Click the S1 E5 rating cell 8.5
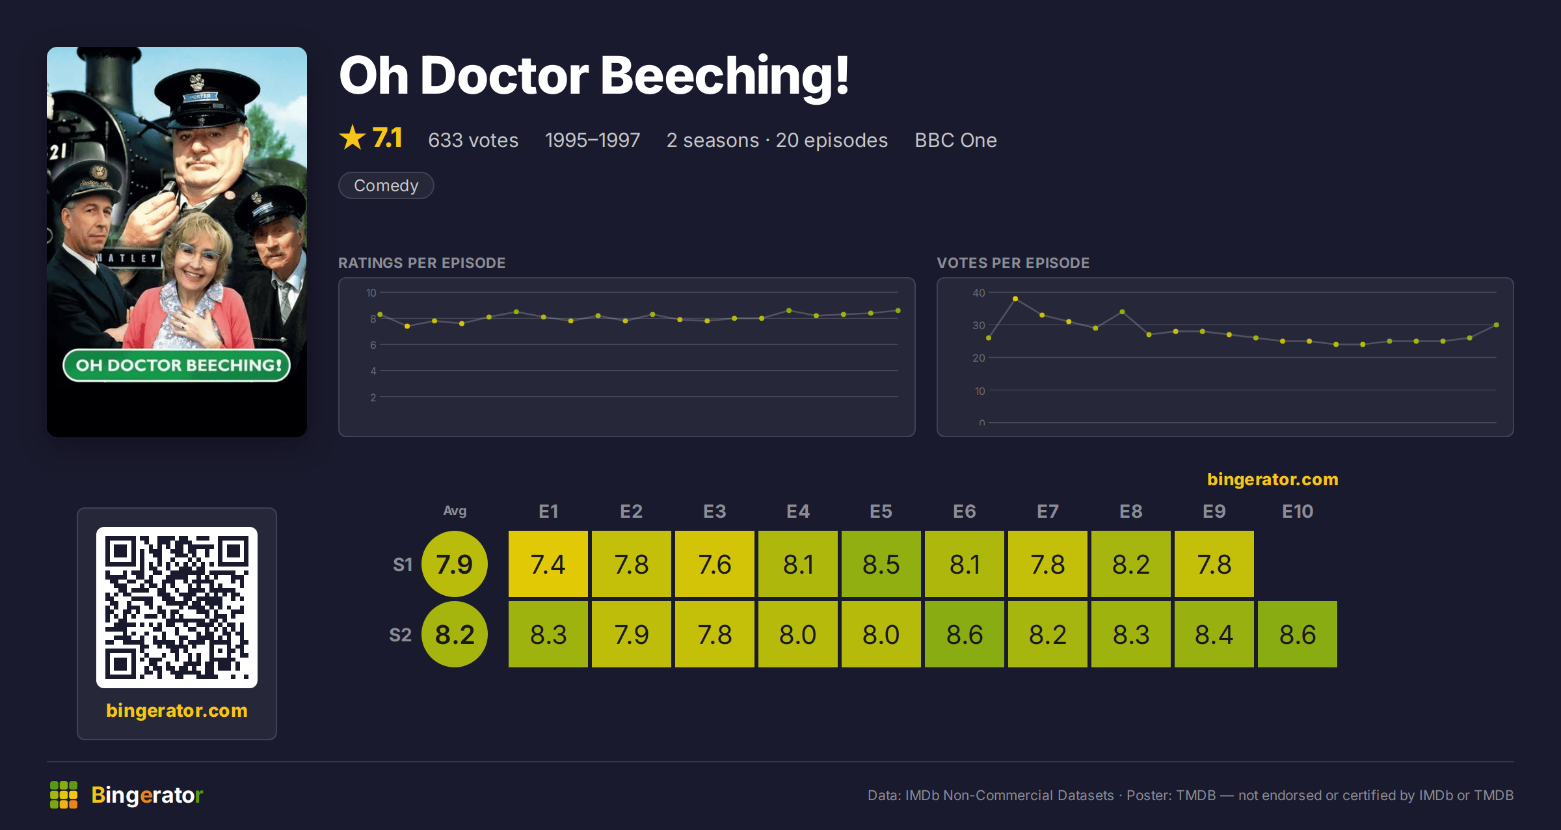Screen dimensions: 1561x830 pyautogui.click(x=881, y=564)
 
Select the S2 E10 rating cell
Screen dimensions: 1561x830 pyautogui.click(x=1298, y=634)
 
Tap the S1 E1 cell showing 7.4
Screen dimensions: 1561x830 pyautogui.click(x=548, y=564)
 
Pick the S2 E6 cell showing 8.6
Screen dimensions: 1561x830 pyautogui.click(x=965, y=634)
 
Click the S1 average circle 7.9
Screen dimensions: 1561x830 pyautogui.click(x=455, y=564)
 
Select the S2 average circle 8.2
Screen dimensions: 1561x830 pyautogui.click(x=455, y=634)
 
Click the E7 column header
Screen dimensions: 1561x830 pyautogui.click(x=1048, y=511)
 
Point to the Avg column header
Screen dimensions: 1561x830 pyautogui.click(x=455, y=511)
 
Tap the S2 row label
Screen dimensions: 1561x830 pyautogui.click(x=401, y=635)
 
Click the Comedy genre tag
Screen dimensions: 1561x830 pyautogui.click(x=386, y=185)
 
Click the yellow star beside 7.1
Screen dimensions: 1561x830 pyautogui.click(x=353, y=137)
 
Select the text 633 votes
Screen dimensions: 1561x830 pyautogui.click(x=474, y=140)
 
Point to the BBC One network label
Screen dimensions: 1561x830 pyautogui.click(x=955, y=140)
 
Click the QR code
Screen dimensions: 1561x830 pyautogui.click(x=177, y=608)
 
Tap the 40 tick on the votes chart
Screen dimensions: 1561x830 pyautogui.click(x=979, y=293)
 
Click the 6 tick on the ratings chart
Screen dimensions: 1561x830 pyautogui.click(x=373, y=345)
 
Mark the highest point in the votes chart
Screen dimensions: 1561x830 pyautogui.click(x=1015, y=299)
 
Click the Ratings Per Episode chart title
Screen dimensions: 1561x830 pyautogui.click(x=422, y=263)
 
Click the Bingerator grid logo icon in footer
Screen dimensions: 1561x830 pyautogui.click(x=64, y=795)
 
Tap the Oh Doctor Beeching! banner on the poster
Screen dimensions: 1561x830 pyautogui.click(x=177, y=365)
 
